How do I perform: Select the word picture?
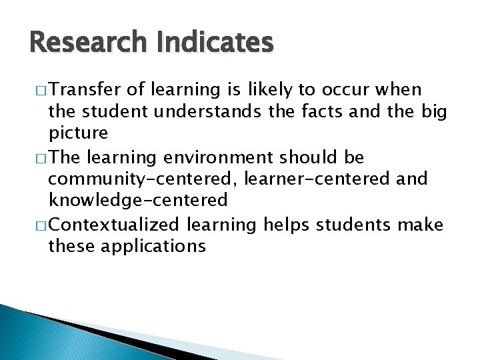78,133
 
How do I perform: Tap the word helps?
288,225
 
